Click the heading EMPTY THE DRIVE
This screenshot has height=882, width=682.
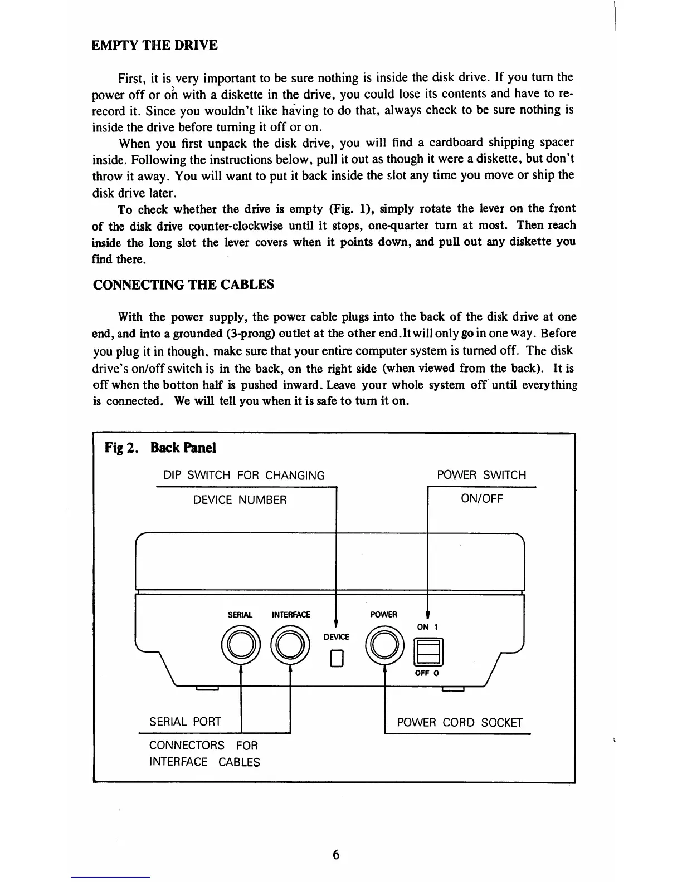click(154, 45)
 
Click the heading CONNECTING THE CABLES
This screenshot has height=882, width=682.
click(183, 285)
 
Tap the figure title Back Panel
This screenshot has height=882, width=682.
click(183, 448)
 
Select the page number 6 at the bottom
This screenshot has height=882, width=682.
click(336, 855)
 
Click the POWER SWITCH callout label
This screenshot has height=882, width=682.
click(481, 475)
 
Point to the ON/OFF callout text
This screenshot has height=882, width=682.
click(481, 499)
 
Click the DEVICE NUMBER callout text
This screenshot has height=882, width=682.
click(240, 500)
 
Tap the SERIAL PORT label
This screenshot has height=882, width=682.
click(185, 722)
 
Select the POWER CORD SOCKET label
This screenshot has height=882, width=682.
click(460, 723)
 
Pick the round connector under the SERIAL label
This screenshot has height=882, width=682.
click(240, 645)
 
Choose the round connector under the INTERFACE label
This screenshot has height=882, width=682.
click(290, 645)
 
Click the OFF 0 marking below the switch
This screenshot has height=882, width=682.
click(427, 673)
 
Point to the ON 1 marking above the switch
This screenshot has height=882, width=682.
click(427, 627)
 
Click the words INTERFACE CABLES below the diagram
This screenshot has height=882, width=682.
click(204, 762)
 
